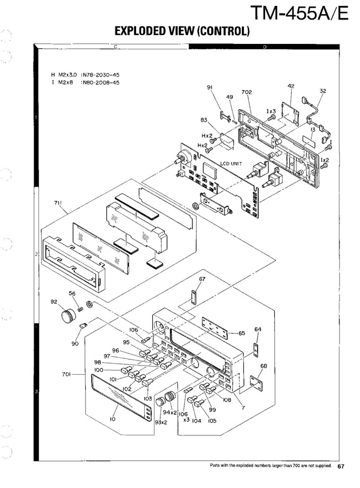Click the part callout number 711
[57, 203]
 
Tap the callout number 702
[247, 92]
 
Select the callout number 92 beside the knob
[54, 303]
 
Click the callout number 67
[202, 279]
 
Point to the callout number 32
[323, 92]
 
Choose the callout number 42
[291, 86]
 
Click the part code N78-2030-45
[100, 74]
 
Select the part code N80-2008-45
[100, 82]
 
